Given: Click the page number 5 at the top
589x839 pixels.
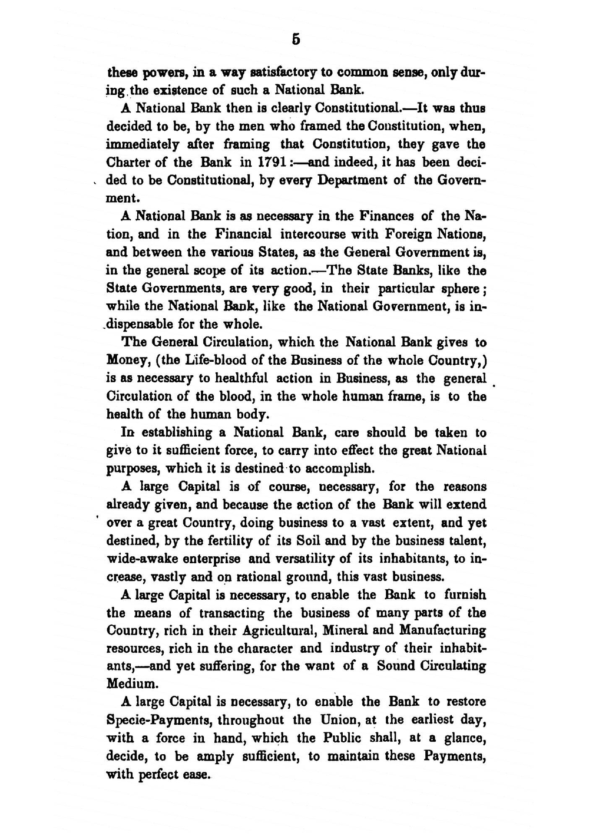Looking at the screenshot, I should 296,39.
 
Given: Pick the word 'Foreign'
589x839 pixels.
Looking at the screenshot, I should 408,234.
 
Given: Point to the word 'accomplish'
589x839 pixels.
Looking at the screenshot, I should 337,469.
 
